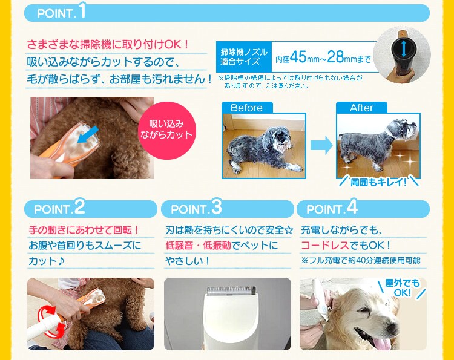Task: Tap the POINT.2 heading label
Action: [x=59, y=209]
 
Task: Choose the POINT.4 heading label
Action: [x=332, y=209]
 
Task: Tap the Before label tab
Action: [x=247, y=108]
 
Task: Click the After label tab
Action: [x=361, y=108]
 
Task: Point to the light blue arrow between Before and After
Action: [x=321, y=145]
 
